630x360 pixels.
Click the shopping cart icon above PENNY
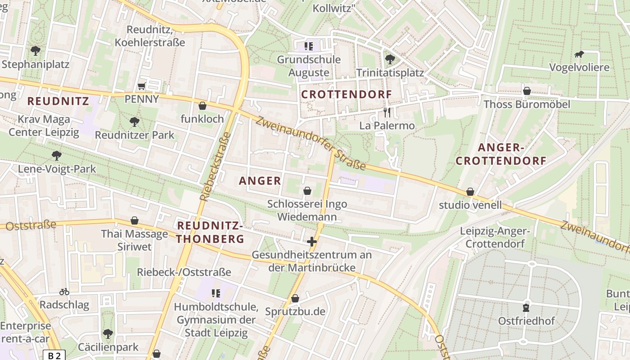click(x=141, y=86)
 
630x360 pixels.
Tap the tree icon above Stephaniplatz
click(x=35, y=50)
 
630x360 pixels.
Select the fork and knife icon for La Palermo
click(x=387, y=112)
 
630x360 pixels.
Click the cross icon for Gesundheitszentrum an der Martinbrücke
click(x=311, y=242)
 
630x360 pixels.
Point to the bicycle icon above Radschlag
click(x=64, y=292)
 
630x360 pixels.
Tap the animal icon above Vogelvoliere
click(x=579, y=54)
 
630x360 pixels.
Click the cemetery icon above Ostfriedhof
click(x=526, y=308)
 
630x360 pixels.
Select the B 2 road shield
click(x=54, y=355)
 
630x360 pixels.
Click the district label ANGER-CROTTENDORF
click(x=501, y=154)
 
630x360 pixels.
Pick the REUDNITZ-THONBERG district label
click(x=210, y=232)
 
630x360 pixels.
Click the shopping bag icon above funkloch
click(x=202, y=106)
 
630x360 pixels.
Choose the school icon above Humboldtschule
click(x=216, y=293)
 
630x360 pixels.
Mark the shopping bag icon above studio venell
click(x=470, y=192)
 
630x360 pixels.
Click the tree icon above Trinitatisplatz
click(x=390, y=59)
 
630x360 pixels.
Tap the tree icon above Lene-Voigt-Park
click(x=56, y=156)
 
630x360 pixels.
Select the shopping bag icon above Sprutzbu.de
click(x=295, y=298)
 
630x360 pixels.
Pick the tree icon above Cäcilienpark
click(x=108, y=334)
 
